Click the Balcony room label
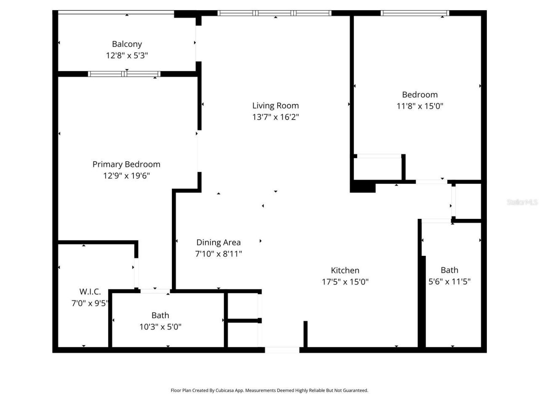click(x=127, y=44)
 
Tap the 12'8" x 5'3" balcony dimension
click(x=127, y=55)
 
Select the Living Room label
click(x=275, y=106)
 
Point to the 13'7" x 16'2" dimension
click(x=275, y=117)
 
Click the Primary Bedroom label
click(x=126, y=164)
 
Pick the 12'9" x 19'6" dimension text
click(x=126, y=175)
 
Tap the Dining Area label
click(x=218, y=242)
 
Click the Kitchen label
click(x=345, y=270)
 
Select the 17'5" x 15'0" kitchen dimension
click(x=345, y=282)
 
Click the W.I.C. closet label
click(x=90, y=292)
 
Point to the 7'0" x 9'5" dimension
click(x=90, y=303)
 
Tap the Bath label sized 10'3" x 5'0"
click(x=160, y=315)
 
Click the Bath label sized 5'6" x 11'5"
click(x=449, y=270)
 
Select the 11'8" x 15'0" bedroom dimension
click(x=419, y=106)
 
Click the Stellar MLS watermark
click(x=522, y=202)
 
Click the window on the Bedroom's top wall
click(x=415, y=13)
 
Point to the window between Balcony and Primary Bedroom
click(x=124, y=74)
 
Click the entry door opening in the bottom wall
click(x=282, y=350)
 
